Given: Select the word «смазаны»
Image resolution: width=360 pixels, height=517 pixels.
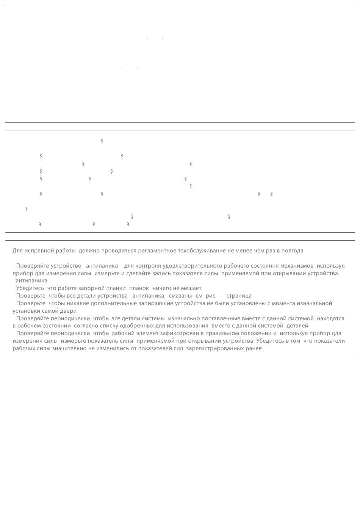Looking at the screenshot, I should pos(180,296).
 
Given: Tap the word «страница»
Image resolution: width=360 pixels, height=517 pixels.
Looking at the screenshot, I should pos(239,296).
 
